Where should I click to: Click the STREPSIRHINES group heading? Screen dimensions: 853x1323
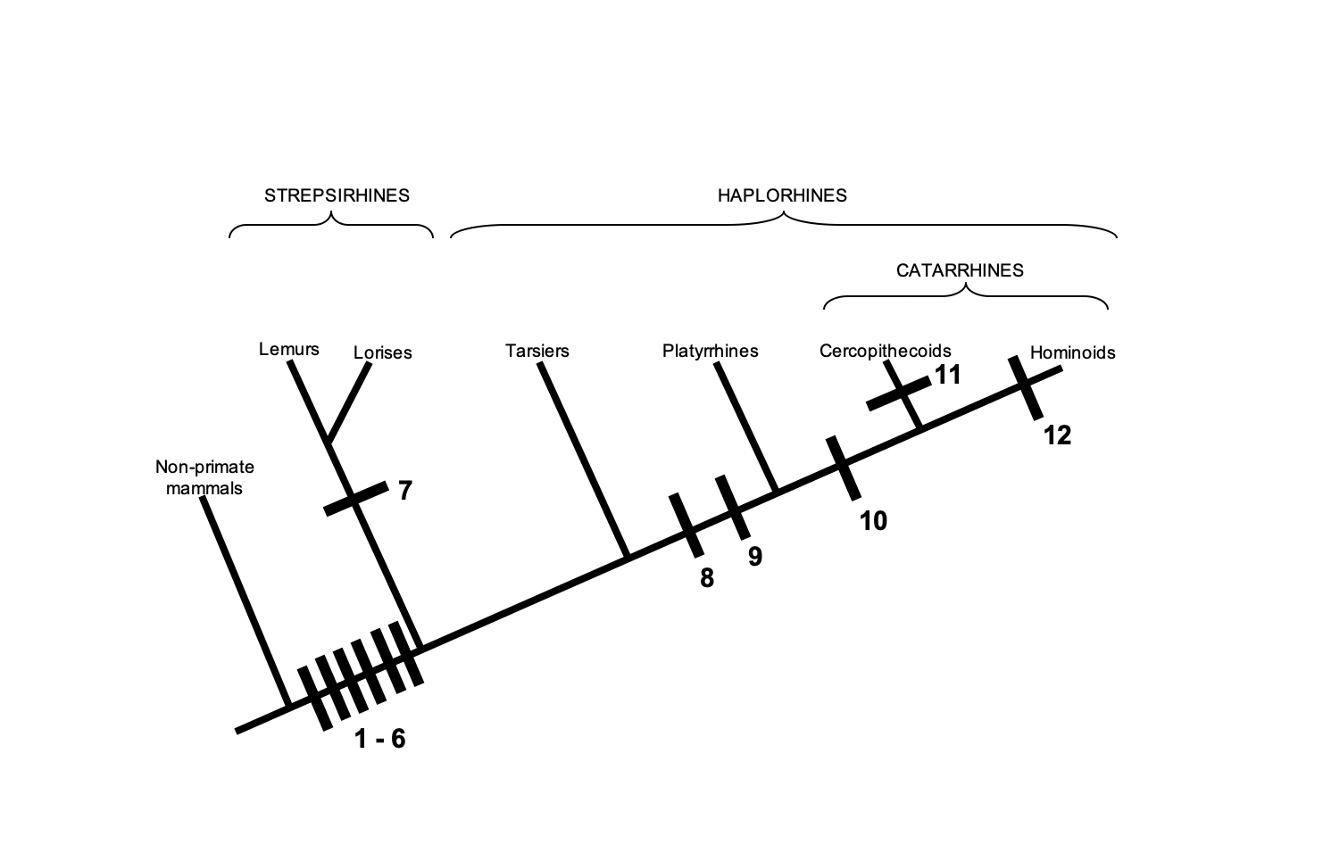click(337, 195)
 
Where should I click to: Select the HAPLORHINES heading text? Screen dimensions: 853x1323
click(782, 195)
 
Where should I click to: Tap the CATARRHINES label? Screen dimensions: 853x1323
click(960, 270)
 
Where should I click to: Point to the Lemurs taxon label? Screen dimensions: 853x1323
click(288, 349)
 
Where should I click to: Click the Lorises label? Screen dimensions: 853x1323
click(382, 352)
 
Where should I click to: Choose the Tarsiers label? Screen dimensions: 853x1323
click(537, 351)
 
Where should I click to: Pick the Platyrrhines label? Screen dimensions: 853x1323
click(710, 351)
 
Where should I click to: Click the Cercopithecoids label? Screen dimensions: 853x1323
click(885, 351)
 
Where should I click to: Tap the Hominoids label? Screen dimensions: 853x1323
click(1072, 352)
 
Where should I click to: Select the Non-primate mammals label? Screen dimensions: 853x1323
click(204, 477)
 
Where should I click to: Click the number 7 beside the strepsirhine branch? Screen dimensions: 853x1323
click(405, 491)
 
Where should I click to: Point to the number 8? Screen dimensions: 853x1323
click(707, 578)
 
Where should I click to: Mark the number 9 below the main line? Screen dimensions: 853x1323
click(755, 557)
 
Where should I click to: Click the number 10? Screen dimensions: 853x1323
click(873, 521)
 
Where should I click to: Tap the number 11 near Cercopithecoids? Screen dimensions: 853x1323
click(948, 375)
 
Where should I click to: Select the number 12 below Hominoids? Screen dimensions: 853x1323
click(1057, 435)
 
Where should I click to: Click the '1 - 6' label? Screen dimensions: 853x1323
click(379, 740)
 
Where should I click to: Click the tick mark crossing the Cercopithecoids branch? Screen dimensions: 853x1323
click(900, 393)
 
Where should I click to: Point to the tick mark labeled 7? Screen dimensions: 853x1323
click(355, 498)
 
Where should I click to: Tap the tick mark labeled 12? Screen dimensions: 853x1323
click(1026, 387)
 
